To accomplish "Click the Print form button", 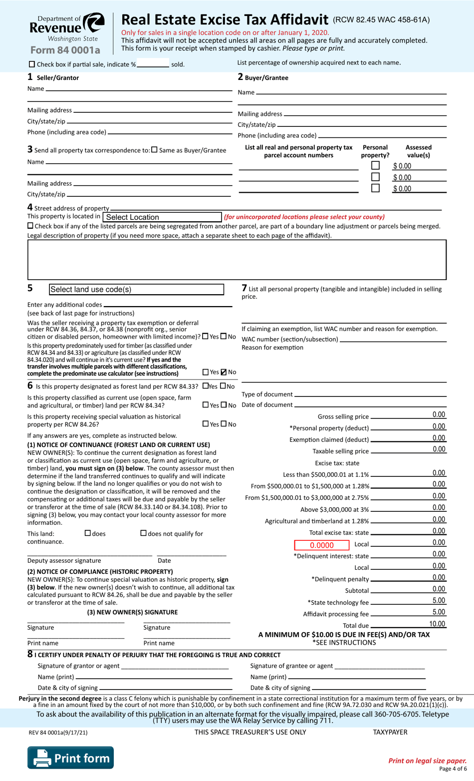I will [x=70, y=758].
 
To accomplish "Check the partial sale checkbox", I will [x=32, y=64].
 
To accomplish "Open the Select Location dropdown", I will [x=162, y=217].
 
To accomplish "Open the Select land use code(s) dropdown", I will [x=136, y=290].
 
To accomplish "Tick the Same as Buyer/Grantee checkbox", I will [x=154, y=150].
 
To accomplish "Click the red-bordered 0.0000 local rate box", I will [x=321, y=545].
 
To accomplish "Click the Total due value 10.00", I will [x=437, y=624].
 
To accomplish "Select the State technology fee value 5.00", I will [x=439, y=601].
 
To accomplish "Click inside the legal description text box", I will [x=237, y=260].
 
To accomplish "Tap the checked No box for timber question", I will [x=224, y=372].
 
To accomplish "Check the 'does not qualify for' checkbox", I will [x=144, y=533].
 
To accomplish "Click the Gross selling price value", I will [x=439, y=414].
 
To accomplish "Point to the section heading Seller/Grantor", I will [x=58, y=78].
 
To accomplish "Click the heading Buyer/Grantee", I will [x=266, y=78].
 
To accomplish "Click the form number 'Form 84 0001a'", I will [x=65, y=50].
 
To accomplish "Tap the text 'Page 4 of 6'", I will [x=453, y=769].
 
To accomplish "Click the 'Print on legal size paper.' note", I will [x=427, y=761].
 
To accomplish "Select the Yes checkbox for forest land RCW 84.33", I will [x=206, y=386].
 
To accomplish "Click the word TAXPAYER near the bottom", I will [x=390, y=732].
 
